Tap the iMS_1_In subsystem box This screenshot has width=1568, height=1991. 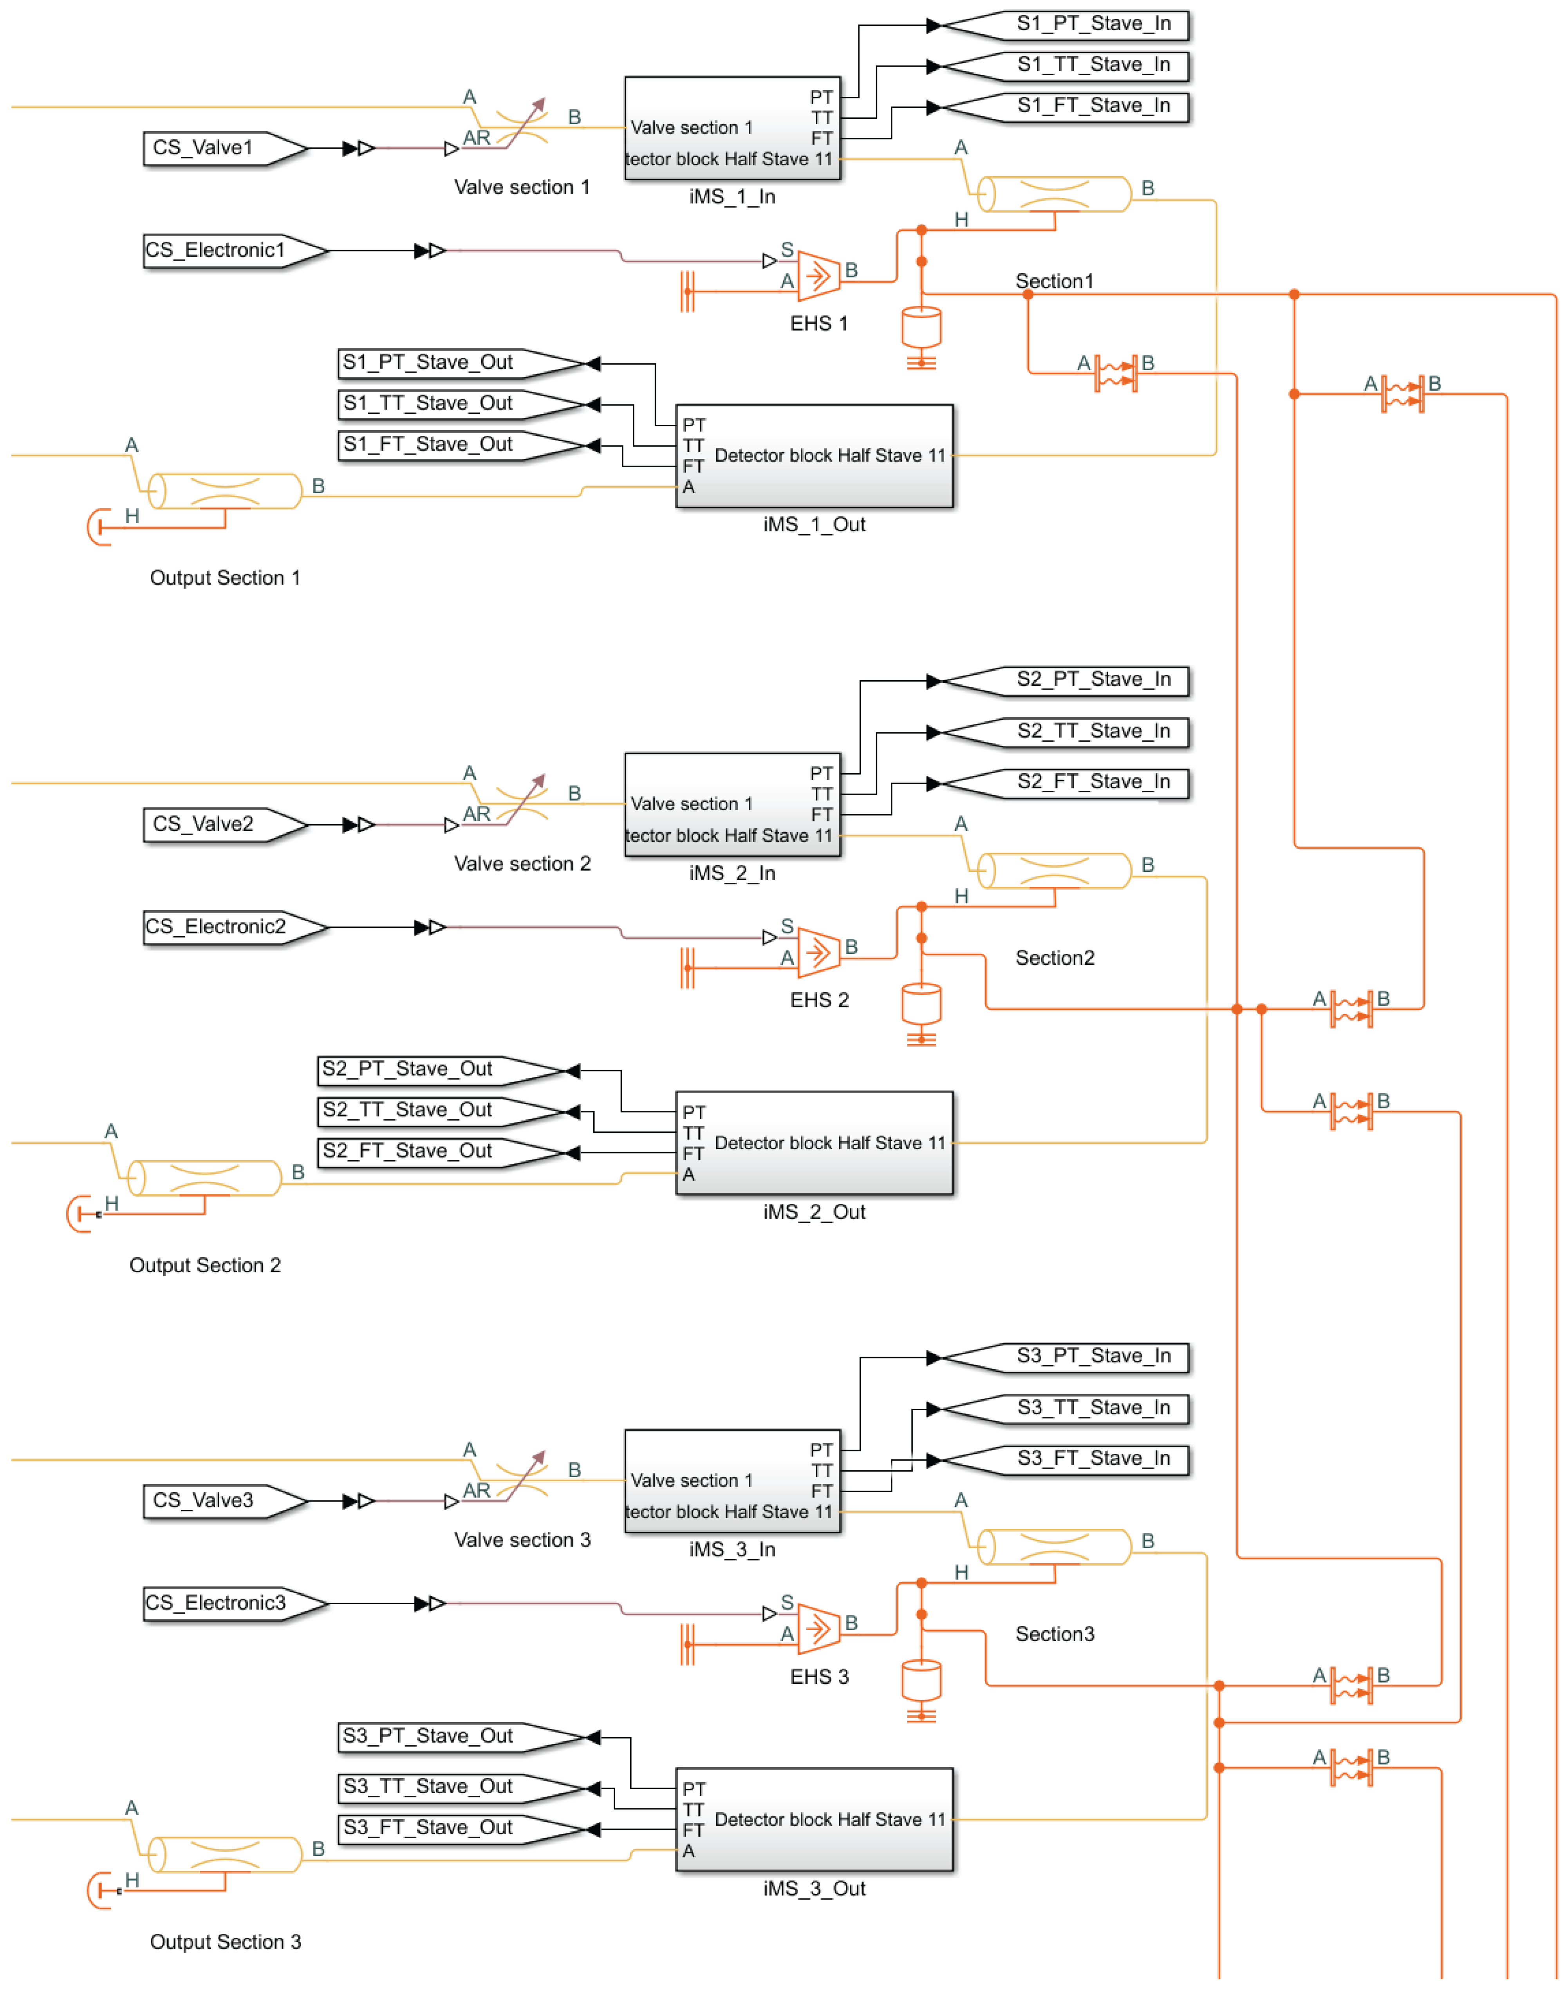[732, 129]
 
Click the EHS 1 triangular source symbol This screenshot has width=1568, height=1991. [818, 275]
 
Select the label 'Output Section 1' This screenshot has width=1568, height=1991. [225, 578]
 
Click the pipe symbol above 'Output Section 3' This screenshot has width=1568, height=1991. [225, 1854]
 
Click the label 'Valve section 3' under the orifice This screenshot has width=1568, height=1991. [522, 1540]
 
